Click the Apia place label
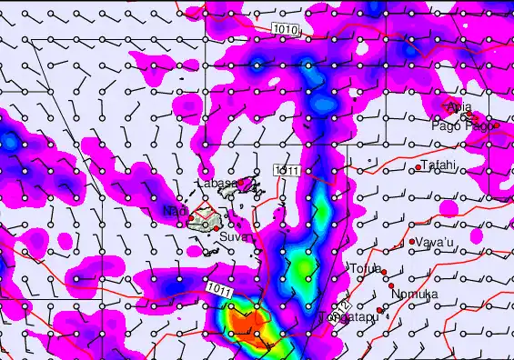click(x=460, y=107)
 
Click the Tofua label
click(x=364, y=268)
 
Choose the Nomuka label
click(x=414, y=295)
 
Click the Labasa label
click(x=217, y=184)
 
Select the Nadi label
click(x=174, y=212)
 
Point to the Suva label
click(x=233, y=238)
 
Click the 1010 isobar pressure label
click(x=285, y=30)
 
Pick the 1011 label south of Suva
click(x=219, y=288)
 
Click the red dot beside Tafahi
click(x=418, y=167)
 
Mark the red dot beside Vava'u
click(x=412, y=242)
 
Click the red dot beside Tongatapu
click(x=381, y=310)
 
